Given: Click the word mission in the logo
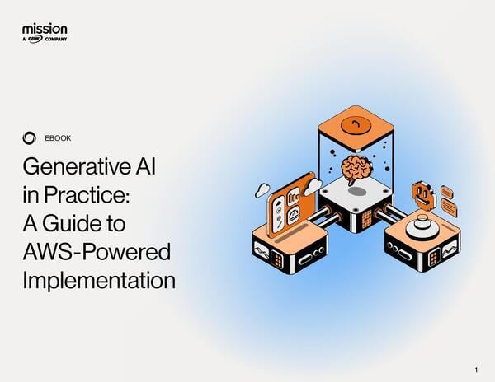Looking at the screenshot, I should point(45,29).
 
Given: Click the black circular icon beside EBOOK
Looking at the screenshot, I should point(30,137).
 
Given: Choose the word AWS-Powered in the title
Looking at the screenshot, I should point(90,251).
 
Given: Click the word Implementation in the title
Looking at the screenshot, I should point(98,279).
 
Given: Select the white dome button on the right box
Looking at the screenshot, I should point(424,224).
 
